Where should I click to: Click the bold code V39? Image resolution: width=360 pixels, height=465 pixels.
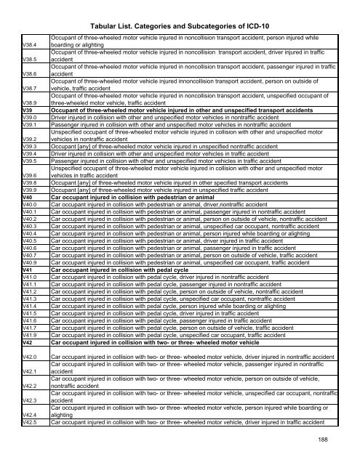tap(28, 110)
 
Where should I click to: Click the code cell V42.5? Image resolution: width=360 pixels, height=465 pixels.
tap(31, 421)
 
